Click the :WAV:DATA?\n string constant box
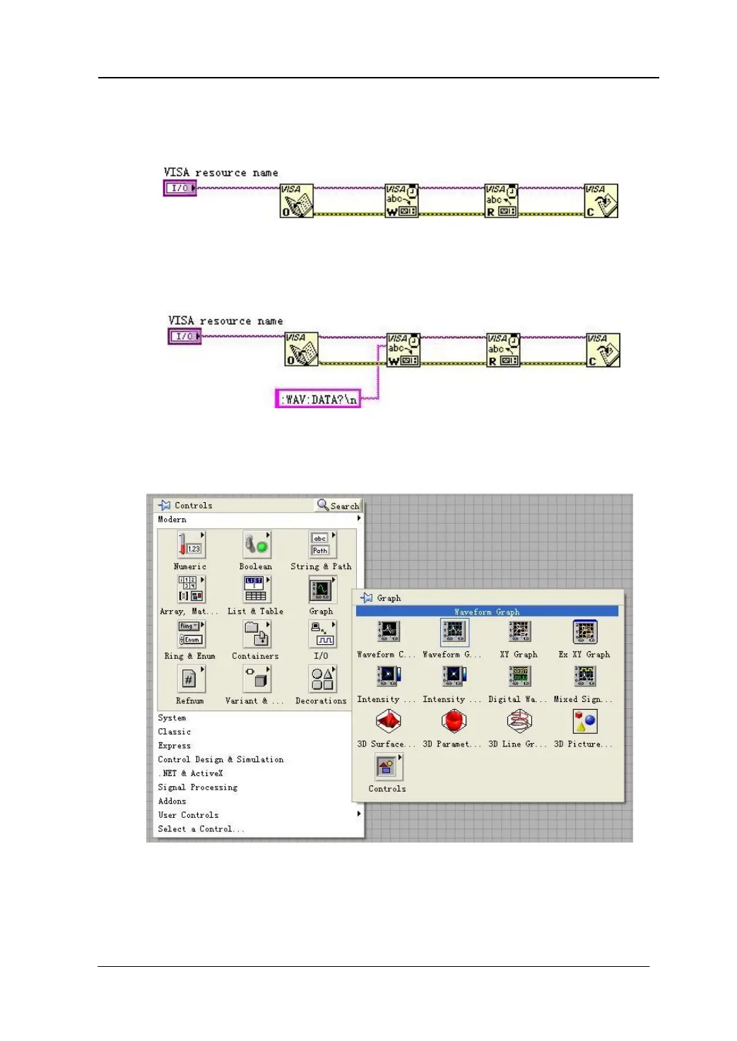318,399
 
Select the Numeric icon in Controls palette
191,545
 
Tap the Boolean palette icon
256,545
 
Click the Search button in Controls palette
338,506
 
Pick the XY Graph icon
519,632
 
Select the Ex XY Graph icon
585,632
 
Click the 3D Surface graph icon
388,721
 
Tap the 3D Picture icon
585,721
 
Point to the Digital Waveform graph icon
519,677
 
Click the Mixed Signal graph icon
585,677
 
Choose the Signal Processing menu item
198,787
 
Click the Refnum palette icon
191,679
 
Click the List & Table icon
256,590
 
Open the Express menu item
175,746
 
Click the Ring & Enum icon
191,634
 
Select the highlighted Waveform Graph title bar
487,612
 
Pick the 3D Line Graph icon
519,721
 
